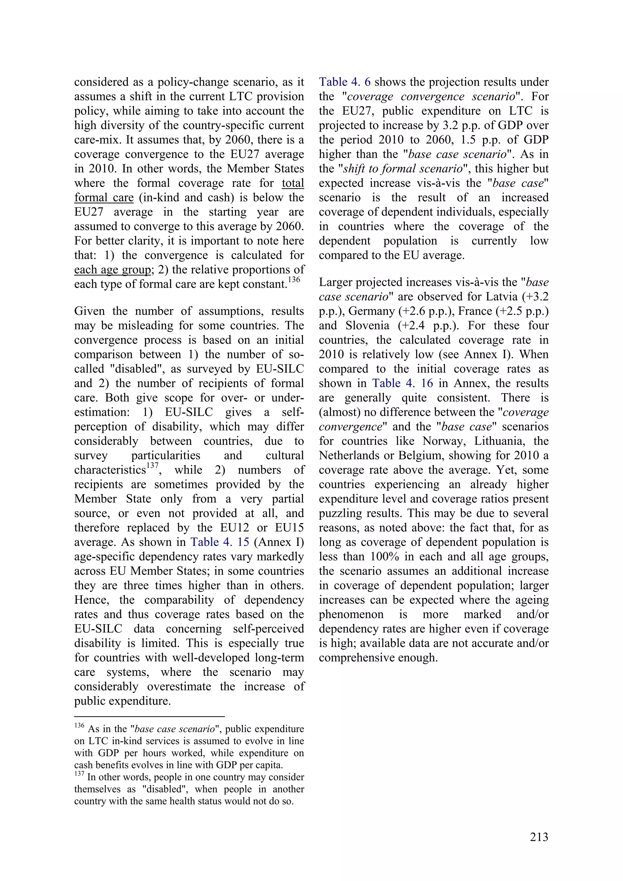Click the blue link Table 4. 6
[344, 82]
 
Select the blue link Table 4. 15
[220, 542]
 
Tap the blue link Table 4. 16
[402, 383]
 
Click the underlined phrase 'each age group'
[113, 270]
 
